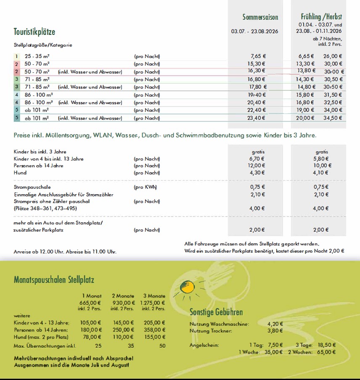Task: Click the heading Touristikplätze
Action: coord(34,32)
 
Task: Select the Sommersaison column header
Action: coord(260,17)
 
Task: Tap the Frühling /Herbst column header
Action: coord(321,17)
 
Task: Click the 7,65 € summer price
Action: coord(258,56)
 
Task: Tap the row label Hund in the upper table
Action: coord(20,173)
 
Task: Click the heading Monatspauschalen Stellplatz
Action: coord(54,280)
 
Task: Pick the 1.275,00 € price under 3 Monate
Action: coord(153,303)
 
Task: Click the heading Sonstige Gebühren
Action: coord(216,313)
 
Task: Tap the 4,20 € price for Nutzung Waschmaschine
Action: coord(275,324)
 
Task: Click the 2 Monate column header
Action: coord(123,296)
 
